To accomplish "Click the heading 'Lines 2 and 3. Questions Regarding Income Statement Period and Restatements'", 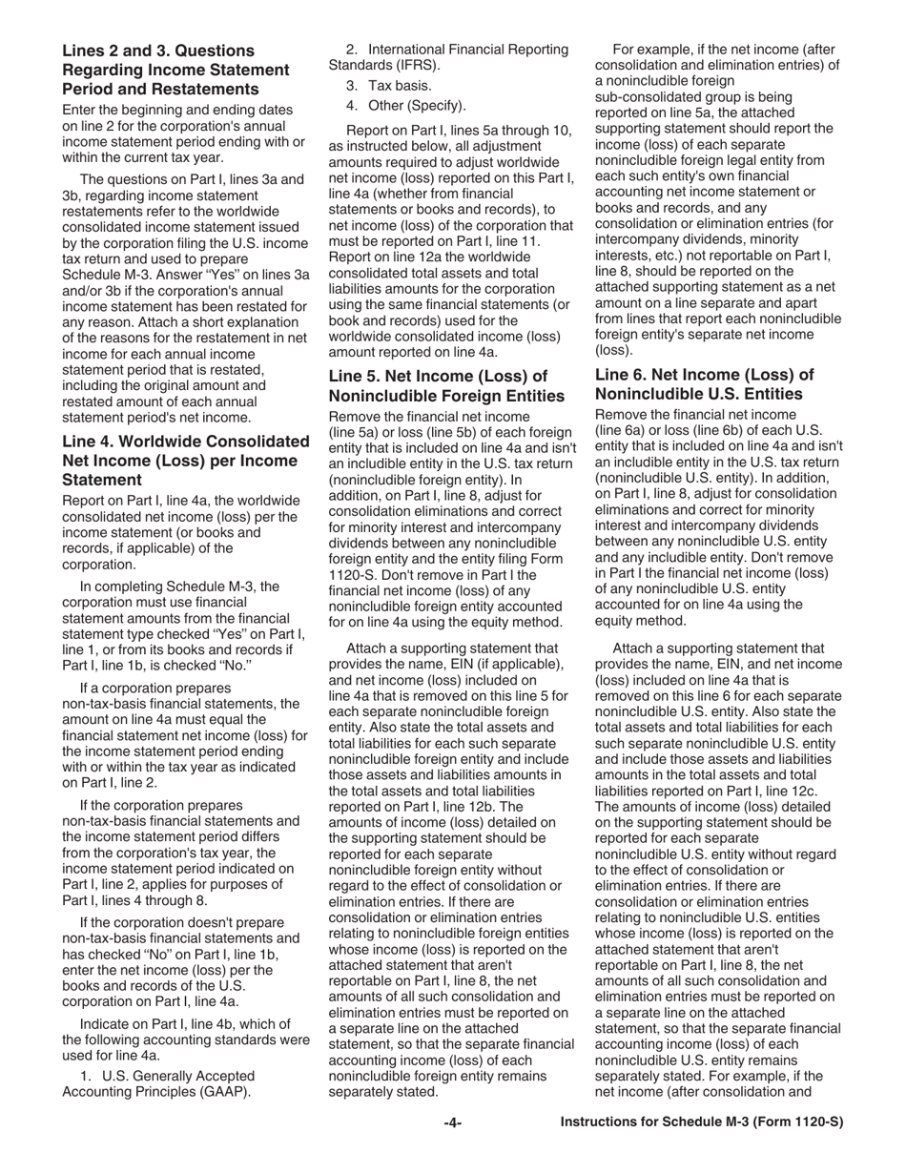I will pos(175,70).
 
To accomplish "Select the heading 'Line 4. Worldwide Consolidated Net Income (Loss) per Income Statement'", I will pos(186,461).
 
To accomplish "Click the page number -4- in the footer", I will pos(453,1122).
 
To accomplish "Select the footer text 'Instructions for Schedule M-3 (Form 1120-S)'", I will pos(701,1122).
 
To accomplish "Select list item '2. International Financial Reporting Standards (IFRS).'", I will pos(448,57).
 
